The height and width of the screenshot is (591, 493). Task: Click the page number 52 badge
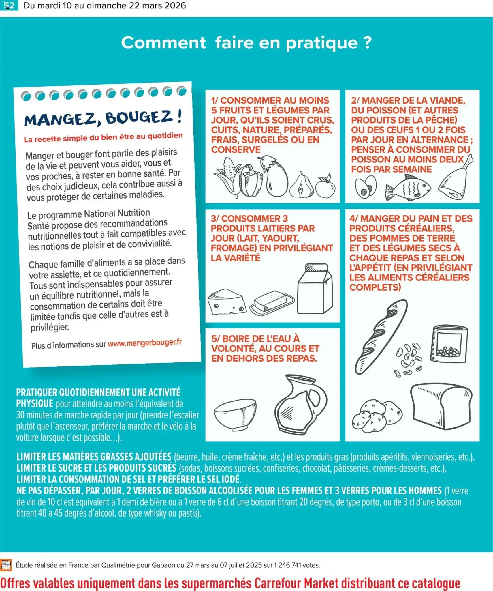[x=9, y=5]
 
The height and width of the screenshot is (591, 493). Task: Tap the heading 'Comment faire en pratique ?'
[x=246, y=43]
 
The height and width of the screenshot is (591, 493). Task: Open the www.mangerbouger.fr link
[x=144, y=343]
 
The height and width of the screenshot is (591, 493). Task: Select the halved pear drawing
[x=301, y=186]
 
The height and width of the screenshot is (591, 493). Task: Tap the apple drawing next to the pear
[x=325, y=186]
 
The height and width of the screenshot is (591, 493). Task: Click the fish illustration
[x=408, y=188]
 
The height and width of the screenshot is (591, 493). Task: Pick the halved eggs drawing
[x=366, y=187]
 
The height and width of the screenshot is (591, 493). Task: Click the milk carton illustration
[x=315, y=289]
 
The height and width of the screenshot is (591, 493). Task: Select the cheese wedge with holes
[x=227, y=302]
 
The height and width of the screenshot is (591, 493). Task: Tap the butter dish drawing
[x=272, y=302]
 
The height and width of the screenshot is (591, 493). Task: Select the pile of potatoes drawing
[x=376, y=416]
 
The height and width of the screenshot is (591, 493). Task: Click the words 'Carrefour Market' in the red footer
[x=296, y=583]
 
